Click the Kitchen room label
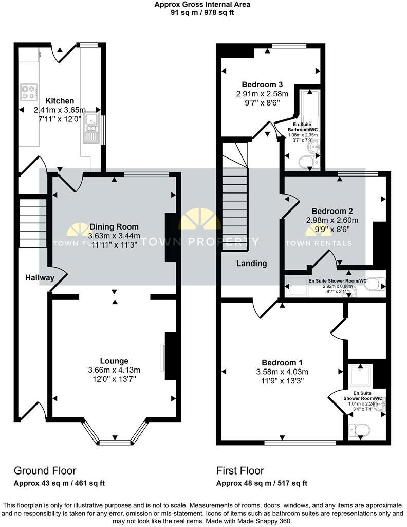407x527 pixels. point(60,101)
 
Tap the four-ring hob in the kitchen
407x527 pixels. point(30,93)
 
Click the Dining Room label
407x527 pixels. point(114,226)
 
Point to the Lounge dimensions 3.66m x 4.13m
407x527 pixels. point(114,370)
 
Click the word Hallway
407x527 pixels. point(40,277)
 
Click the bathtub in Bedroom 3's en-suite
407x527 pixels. point(309,111)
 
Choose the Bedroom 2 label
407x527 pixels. point(332,211)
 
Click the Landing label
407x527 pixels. point(251,263)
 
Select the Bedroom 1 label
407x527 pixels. point(279,362)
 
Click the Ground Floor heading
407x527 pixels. point(45,470)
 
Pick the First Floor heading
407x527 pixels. point(240,470)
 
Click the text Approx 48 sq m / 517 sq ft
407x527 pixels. point(262,483)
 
